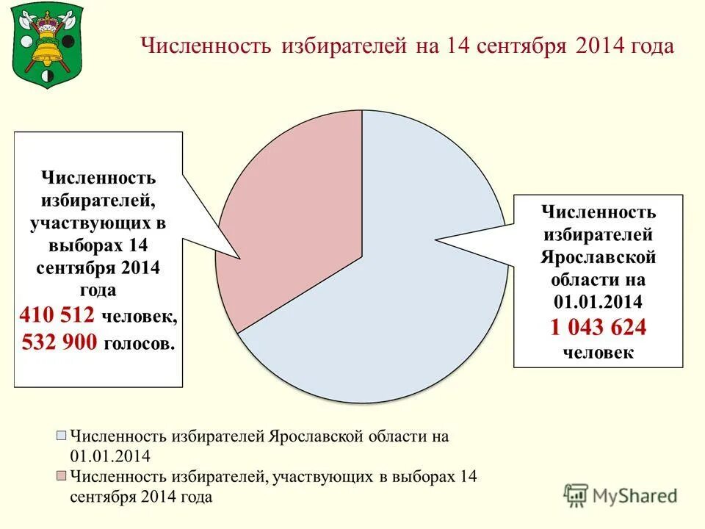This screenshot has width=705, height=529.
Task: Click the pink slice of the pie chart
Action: pyautogui.click(x=294, y=220)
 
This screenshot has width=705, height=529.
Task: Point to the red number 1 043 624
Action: pyautogui.click(x=599, y=327)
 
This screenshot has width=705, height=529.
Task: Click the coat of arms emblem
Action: pyautogui.click(x=48, y=46)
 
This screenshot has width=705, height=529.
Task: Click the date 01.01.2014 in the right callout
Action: pyautogui.click(x=599, y=301)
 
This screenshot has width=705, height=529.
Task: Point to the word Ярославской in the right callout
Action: pyautogui.click(x=599, y=257)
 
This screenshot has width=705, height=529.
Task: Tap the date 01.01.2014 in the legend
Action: pyautogui.click(x=110, y=455)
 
